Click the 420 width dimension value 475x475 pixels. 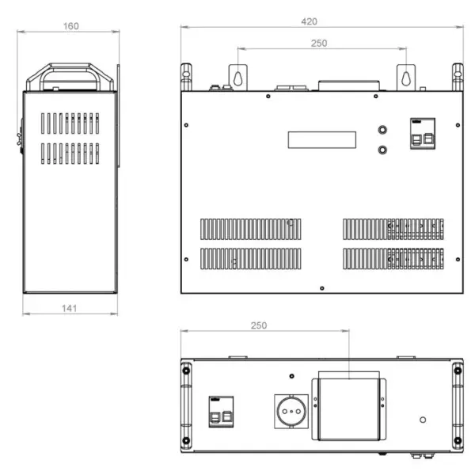tap(309, 21)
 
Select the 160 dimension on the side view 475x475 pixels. tap(71, 26)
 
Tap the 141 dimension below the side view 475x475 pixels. tap(69, 308)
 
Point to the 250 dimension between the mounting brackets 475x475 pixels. tap(319, 43)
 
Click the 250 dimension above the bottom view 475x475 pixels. tap(259, 325)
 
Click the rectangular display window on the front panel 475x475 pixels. tap(322, 139)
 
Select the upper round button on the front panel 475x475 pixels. tap(382, 130)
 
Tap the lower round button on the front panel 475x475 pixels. tap(382, 150)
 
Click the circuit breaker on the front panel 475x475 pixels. tap(423, 133)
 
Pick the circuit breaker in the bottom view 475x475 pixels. tap(221, 412)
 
